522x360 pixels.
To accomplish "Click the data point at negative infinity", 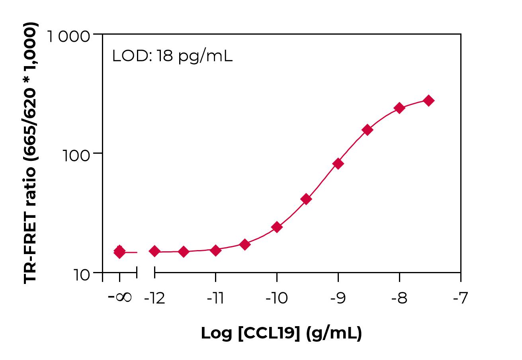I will coord(119,251).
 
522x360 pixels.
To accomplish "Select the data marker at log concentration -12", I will coord(154,251).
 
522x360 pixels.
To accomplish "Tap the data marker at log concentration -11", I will coord(215,250).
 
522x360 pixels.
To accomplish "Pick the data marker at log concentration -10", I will coord(277,227).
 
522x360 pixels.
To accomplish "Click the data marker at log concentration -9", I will coord(338,163).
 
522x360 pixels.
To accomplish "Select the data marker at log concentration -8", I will coord(399,108).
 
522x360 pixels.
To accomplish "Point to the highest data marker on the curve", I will coord(428,100).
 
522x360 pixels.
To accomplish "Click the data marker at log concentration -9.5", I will coord(306,199).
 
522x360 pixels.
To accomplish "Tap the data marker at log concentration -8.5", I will coord(367,130).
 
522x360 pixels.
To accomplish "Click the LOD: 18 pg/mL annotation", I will coord(172,56).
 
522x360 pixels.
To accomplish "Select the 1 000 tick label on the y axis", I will coord(68,37).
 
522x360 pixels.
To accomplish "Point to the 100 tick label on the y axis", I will coord(77,155).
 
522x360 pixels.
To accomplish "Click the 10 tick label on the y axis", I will coord(82,275).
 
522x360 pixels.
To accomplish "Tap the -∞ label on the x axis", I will coord(119,297).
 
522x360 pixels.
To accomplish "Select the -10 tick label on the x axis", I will coord(276,298).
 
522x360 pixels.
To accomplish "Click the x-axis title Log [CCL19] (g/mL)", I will coord(281,333).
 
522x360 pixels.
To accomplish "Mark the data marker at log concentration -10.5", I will coord(245,244).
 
